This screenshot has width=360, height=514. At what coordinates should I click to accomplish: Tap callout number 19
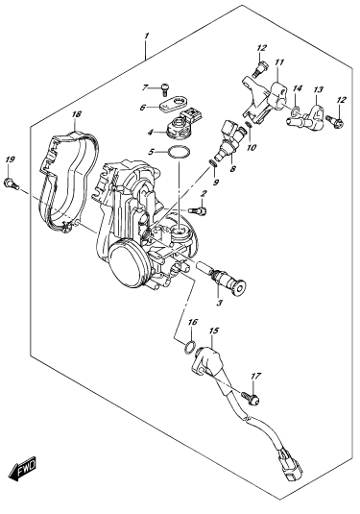(x=10, y=160)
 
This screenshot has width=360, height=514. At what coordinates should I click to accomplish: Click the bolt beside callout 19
(x=12, y=184)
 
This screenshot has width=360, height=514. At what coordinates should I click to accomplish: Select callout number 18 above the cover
(x=76, y=114)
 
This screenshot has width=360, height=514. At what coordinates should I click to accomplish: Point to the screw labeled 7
(x=165, y=88)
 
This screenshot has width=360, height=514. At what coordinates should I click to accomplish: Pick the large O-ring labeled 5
(x=179, y=153)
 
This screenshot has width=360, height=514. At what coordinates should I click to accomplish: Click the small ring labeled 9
(x=213, y=163)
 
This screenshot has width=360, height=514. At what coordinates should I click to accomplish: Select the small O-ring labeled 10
(x=249, y=125)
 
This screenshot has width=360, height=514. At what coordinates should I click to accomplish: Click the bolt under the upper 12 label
(x=260, y=68)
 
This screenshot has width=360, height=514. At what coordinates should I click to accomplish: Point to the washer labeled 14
(x=296, y=111)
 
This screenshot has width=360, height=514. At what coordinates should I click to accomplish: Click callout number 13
(x=319, y=89)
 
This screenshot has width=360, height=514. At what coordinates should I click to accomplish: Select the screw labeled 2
(x=198, y=209)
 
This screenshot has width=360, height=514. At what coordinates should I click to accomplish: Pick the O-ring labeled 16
(x=189, y=347)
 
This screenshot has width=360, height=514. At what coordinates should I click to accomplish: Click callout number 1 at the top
(x=147, y=36)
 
